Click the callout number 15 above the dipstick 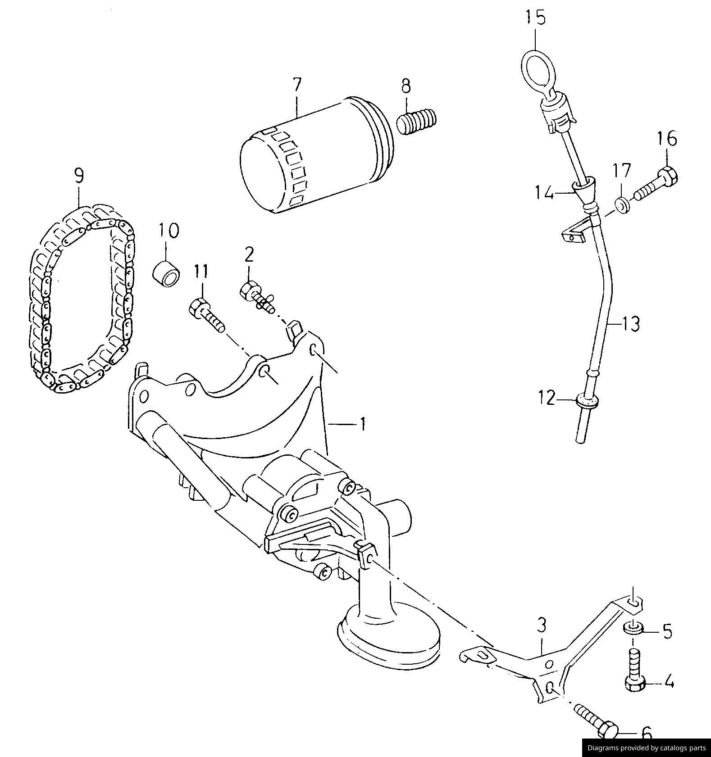535,18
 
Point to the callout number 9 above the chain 78,175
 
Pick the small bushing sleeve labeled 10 167,273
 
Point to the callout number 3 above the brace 542,625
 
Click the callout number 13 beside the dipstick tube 631,323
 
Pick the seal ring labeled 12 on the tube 588,400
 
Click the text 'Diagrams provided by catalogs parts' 646,748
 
